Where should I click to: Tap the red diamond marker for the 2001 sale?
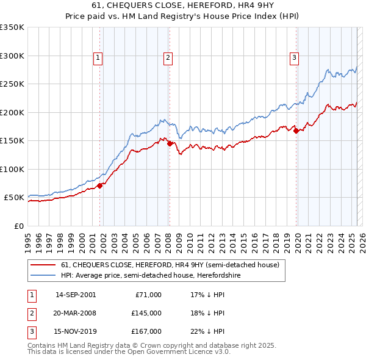click(x=99, y=185)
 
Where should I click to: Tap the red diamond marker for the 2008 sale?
click(x=170, y=143)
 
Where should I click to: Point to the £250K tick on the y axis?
click(x=13, y=84)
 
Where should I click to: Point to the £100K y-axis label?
click(x=13, y=169)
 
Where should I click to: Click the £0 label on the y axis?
click(x=19, y=226)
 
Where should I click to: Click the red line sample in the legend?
click(x=43, y=265)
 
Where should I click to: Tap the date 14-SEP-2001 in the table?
click(x=76, y=295)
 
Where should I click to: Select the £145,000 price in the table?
click(x=147, y=313)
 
